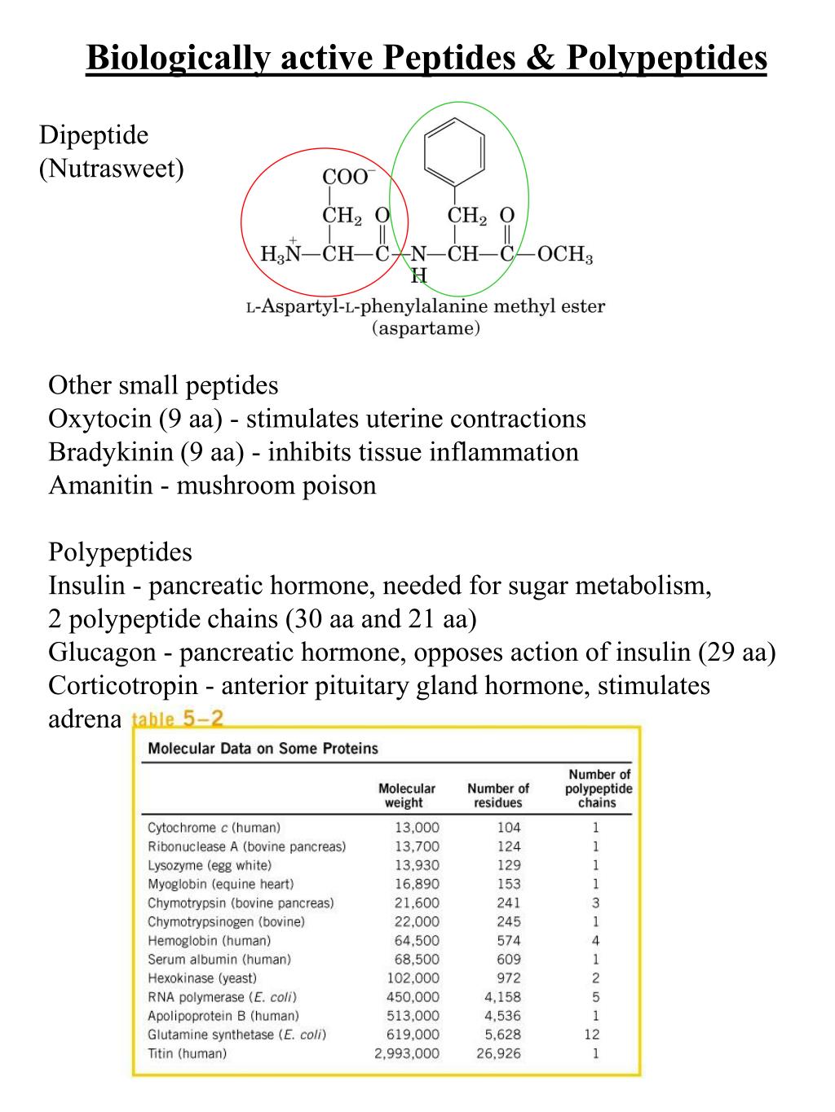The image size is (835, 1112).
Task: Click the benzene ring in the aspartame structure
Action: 455,152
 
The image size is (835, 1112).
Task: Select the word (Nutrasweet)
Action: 112,169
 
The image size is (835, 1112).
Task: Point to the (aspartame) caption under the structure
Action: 426,329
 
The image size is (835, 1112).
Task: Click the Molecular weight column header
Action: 406,795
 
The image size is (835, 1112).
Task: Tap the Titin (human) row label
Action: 187,1053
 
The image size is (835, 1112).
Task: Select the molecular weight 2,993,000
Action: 406,1053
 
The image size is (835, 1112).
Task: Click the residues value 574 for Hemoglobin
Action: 508,940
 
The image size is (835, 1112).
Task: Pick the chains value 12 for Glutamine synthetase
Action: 592,1035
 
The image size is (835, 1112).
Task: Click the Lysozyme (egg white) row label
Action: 210,865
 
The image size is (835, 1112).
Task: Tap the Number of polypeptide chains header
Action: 599,789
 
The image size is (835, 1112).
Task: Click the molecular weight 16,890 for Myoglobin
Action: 417,884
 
